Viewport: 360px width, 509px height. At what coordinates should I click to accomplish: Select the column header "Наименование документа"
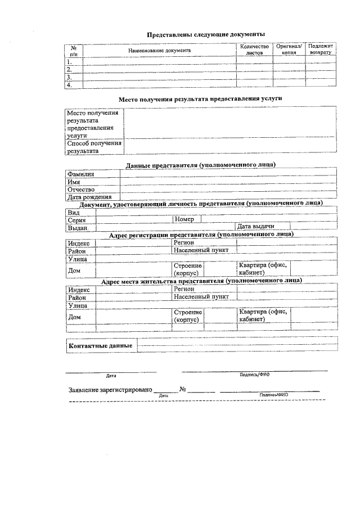[159, 50]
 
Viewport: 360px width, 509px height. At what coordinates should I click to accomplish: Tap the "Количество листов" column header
[254, 49]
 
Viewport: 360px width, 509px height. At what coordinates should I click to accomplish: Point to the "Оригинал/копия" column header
[289, 49]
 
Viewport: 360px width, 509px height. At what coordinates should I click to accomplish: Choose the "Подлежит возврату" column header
[321, 49]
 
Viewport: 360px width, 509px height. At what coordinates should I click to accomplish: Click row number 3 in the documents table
[69, 77]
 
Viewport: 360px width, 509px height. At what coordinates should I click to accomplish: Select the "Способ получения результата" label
[94, 147]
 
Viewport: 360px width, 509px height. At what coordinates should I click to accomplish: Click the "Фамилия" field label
[80, 174]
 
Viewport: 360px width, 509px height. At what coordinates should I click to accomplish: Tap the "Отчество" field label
[81, 190]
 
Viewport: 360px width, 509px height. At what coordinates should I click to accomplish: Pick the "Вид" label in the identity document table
[73, 212]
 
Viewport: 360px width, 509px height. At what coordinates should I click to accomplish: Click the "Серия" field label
[76, 220]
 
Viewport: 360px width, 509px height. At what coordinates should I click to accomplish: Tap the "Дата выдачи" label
[255, 227]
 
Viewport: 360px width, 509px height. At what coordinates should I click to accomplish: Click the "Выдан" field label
[78, 228]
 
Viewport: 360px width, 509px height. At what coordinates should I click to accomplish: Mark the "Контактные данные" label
[100, 345]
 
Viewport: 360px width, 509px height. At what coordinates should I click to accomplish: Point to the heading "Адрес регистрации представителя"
[201, 235]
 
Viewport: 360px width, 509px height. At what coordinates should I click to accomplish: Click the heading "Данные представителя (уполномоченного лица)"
[200, 165]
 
